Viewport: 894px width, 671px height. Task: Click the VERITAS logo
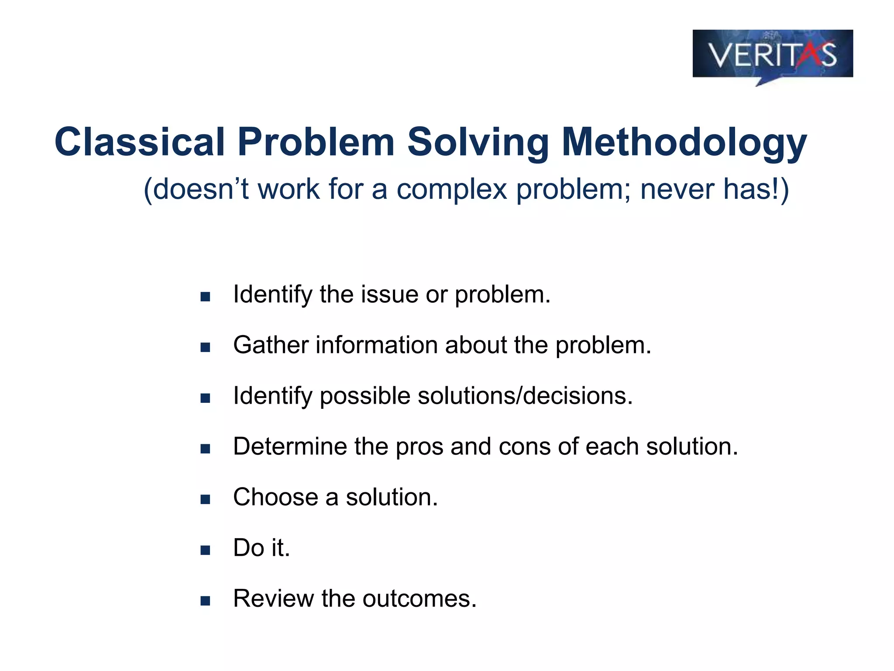pos(772,54)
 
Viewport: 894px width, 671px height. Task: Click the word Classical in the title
pos(139,142)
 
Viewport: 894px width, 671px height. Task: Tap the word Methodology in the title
pos(684,142)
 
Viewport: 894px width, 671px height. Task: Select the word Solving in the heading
pos(478,142)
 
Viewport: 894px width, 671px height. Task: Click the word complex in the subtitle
pos(451,190)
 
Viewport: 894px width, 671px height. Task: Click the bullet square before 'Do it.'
pos(205,550)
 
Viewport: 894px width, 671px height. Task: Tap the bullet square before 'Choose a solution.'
pos(205,499)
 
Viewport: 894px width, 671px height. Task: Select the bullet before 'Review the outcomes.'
pos(205,601)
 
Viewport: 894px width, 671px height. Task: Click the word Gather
pos(271,345)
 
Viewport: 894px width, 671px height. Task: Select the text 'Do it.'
pos(261,548)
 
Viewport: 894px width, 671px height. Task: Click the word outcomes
pos(419,598)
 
